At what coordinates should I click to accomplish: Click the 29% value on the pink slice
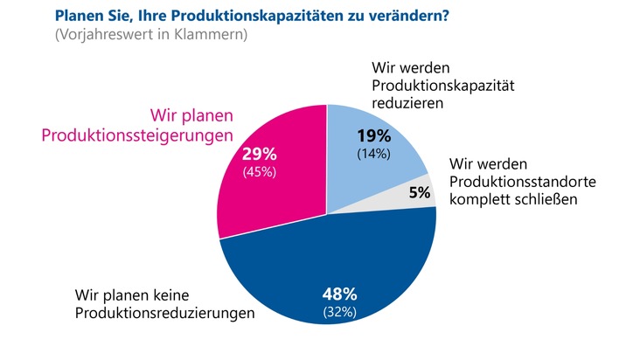tap(259, 154)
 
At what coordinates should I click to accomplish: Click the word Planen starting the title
tap(79, 16)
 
